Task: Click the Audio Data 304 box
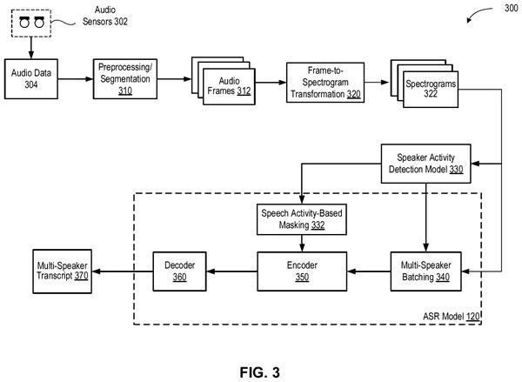(x=31, y=79)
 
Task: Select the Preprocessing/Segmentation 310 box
(x=125, y=79)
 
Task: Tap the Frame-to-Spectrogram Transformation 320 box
(x=325, y=83)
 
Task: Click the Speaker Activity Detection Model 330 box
(x=425, y=164)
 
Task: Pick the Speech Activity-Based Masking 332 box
(x=302, y=219)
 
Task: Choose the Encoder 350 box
(x=302, y=271)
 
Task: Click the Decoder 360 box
(x=179, y=271)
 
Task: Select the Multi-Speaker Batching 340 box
(x=425, y=271)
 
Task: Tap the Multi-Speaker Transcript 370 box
(x=63, y=271)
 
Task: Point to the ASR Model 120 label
(x=451, y=317)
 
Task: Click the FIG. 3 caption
(x=259, y=372)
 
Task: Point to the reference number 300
(x=511, y=8)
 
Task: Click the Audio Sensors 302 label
(x=105, y=16)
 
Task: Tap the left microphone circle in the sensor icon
(x=24, y=23)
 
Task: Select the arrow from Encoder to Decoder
(x=231, y=271)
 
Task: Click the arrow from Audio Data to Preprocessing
(x=76, y=79)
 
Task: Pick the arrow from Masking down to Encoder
(x=302, y=243)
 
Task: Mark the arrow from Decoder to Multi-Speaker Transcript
(x=122, y=271)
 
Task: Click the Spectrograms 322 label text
(x=431, y=89)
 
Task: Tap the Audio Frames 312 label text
(x=229, y=86)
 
